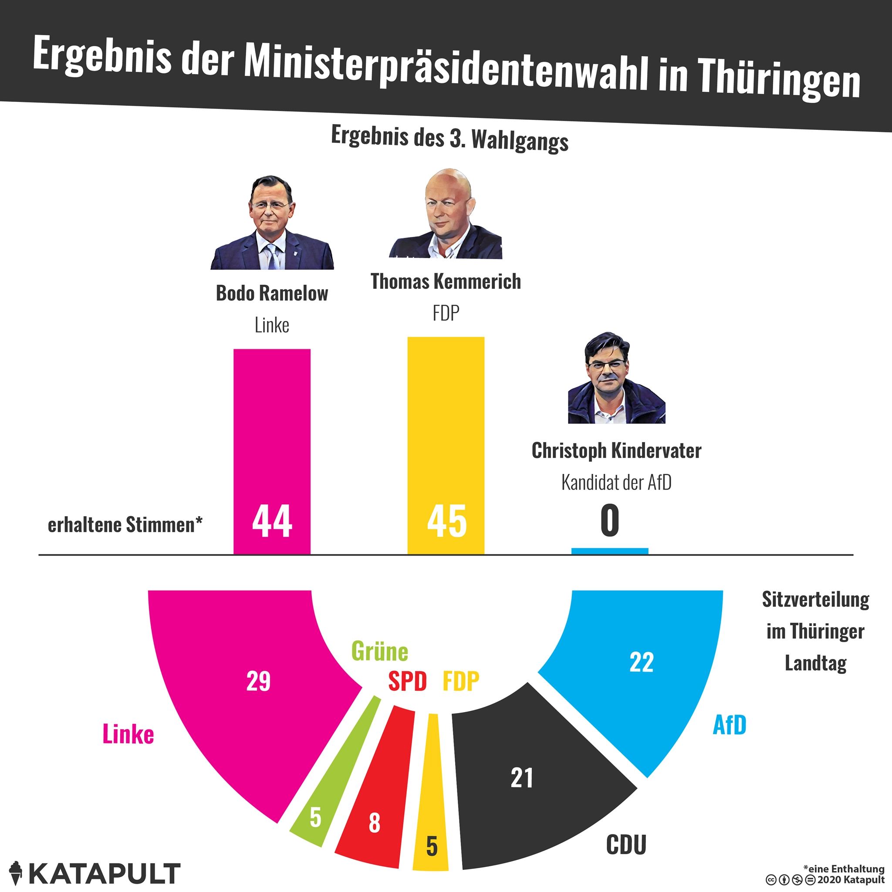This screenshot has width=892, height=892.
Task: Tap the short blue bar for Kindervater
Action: [x=609, y=551]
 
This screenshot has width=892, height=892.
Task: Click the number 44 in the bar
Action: [x=272, y=521]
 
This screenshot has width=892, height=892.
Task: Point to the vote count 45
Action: [x=446, y=521]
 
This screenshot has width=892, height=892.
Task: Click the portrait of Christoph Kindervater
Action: [x=616, y=378]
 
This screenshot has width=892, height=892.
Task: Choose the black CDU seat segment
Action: [x=531, y=785]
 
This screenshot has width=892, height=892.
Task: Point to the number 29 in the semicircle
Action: [x=258, y=681]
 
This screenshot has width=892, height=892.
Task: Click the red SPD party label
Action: [x=407, y=681]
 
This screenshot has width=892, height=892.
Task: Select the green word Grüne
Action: [x=379, y=652]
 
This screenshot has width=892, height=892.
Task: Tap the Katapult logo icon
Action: [x=16, y=872]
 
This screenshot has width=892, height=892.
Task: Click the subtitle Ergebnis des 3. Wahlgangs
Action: [x=449, y=138]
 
